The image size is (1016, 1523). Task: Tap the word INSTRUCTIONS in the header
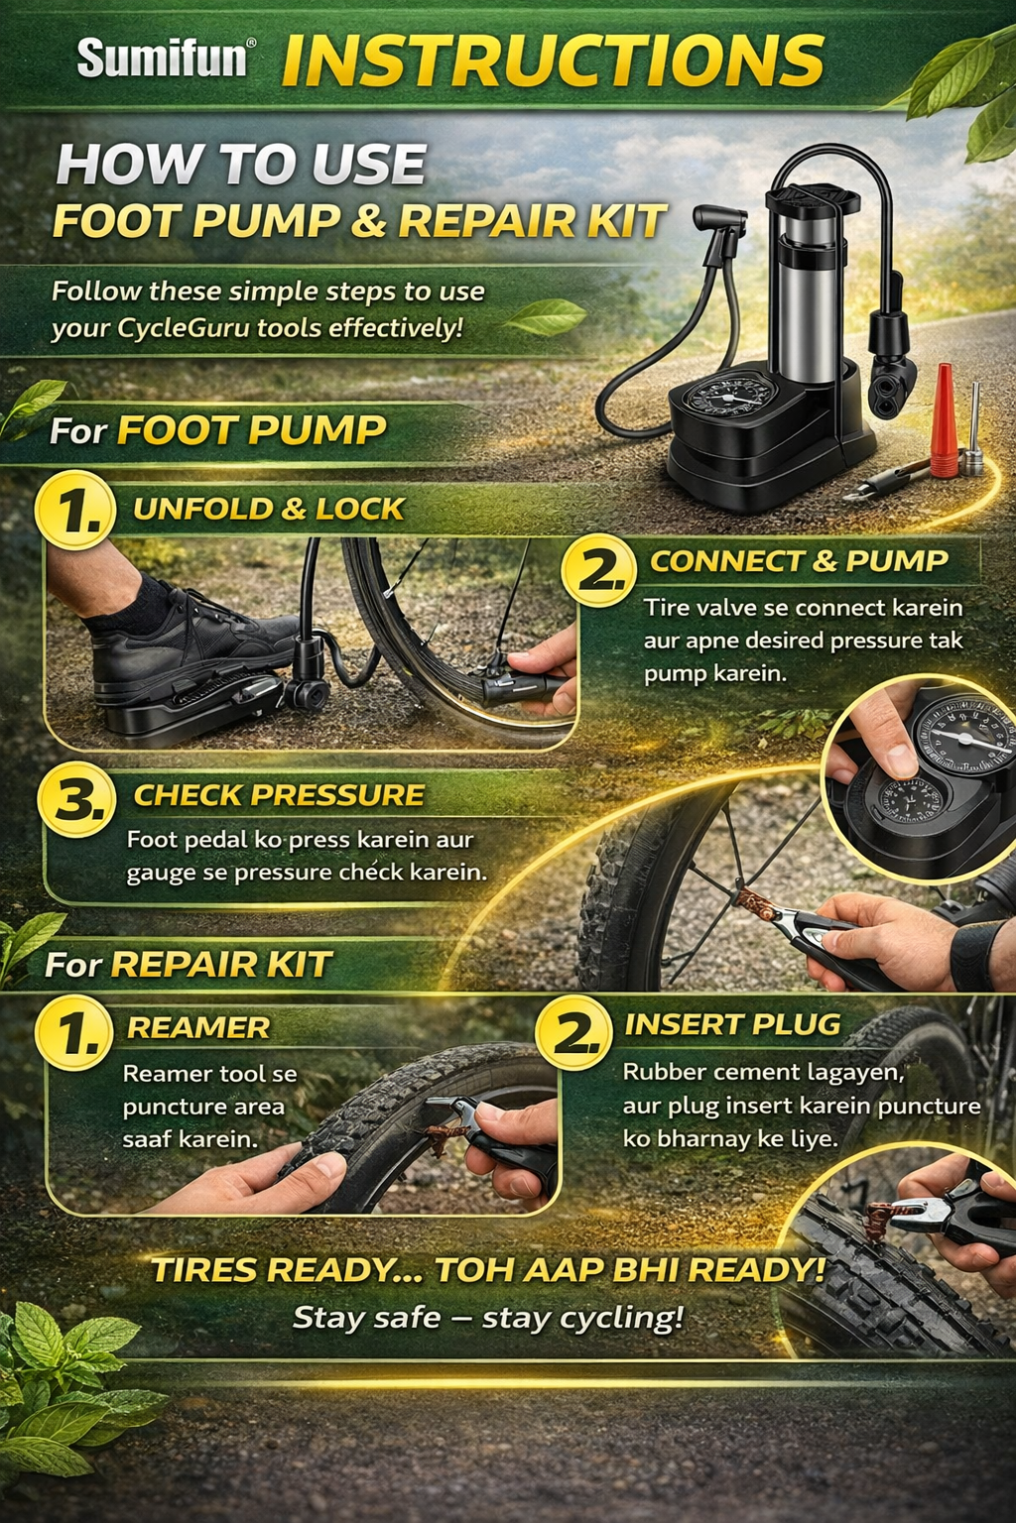pos(552,59)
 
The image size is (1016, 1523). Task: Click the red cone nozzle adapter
pos(945,420)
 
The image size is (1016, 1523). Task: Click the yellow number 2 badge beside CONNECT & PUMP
pos(598,569)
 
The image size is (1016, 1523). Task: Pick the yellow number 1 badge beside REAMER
pos(72,1033)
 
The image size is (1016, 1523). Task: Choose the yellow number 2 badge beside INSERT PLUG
pos(572,1031)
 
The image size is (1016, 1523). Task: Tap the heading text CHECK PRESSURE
pos(279,795)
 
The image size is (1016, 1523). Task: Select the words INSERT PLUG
pos(732,1024)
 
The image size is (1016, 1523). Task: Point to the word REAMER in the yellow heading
pos(198,1028)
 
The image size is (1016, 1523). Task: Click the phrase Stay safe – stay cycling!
pos(487,1318)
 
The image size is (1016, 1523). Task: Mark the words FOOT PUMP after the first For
pos(251,430)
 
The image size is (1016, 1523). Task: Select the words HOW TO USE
pos(241,165)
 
